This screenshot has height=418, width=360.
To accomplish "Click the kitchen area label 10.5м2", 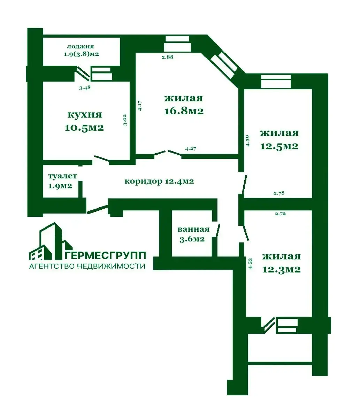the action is tap(84, 128).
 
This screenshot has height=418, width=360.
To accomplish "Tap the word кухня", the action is tap(85, 115).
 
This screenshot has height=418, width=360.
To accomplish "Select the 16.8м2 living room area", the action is tap(184, 111).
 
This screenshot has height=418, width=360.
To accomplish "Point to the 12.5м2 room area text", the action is tap(279, 146).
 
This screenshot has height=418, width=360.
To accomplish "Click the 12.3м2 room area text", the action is tap(281, 269).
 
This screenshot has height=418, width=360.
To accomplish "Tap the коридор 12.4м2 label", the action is tap(159, 181).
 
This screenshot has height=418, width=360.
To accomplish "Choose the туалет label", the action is tap(62, 176).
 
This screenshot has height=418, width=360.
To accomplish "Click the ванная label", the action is tap(193, 229).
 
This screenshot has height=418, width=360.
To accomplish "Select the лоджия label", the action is tap(81, 47).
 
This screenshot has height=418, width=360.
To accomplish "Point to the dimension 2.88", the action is tap(168, 57).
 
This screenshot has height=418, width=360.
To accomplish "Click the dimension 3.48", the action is tap(85, 87).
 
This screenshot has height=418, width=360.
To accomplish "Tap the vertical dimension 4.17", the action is tap(140, 106).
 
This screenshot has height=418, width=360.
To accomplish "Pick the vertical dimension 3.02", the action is tap(125, 120).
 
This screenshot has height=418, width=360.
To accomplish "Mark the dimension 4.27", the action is tap(191, 149).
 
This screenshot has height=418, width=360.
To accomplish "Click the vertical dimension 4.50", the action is tap(247, 140).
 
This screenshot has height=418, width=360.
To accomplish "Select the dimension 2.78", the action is tap(279, 193).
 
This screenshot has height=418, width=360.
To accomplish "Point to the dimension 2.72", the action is tap(280, 214).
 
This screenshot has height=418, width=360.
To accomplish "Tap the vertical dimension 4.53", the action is tap(250, 263).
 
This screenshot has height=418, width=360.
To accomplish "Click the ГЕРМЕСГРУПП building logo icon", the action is tap(51, 241).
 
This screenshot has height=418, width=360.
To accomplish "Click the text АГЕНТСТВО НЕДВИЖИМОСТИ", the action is tap(87, 266).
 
